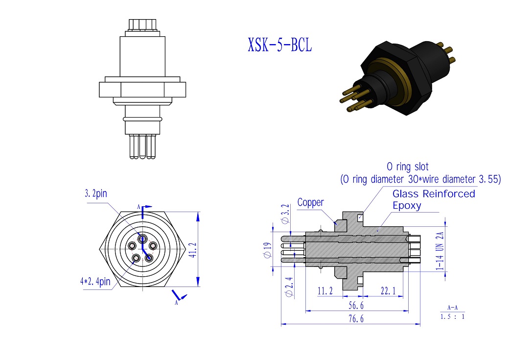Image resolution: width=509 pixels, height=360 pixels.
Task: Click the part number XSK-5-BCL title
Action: point(279,46)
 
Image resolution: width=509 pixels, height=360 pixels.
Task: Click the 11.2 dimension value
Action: point(325,291)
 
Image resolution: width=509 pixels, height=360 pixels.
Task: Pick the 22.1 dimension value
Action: point(388,291)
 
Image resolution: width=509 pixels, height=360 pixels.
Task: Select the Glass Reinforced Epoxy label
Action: point(433,199)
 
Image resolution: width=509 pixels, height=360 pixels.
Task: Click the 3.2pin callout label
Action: point(95,193)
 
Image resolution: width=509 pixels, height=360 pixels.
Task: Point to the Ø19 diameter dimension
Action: point(267,249)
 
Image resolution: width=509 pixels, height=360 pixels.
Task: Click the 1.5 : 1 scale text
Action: point(452,316)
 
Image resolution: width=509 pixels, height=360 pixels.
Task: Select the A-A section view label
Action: point(452,308)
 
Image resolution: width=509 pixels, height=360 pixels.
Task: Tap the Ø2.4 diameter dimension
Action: point(290,287)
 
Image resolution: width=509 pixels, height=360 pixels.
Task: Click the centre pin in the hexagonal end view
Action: point(142,239)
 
